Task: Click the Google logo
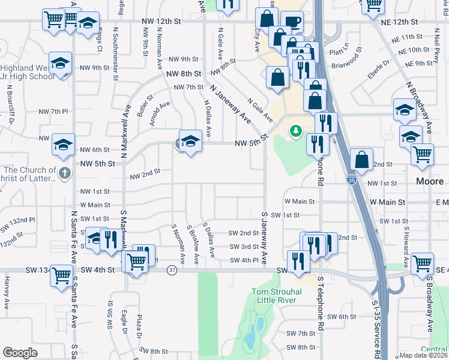click(x=20, y=352)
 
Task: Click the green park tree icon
click(x=295, y=130)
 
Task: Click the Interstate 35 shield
click(x=351, y=179)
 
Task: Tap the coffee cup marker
click(x=293, y=23)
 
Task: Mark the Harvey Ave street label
click(x=7, y=292)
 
